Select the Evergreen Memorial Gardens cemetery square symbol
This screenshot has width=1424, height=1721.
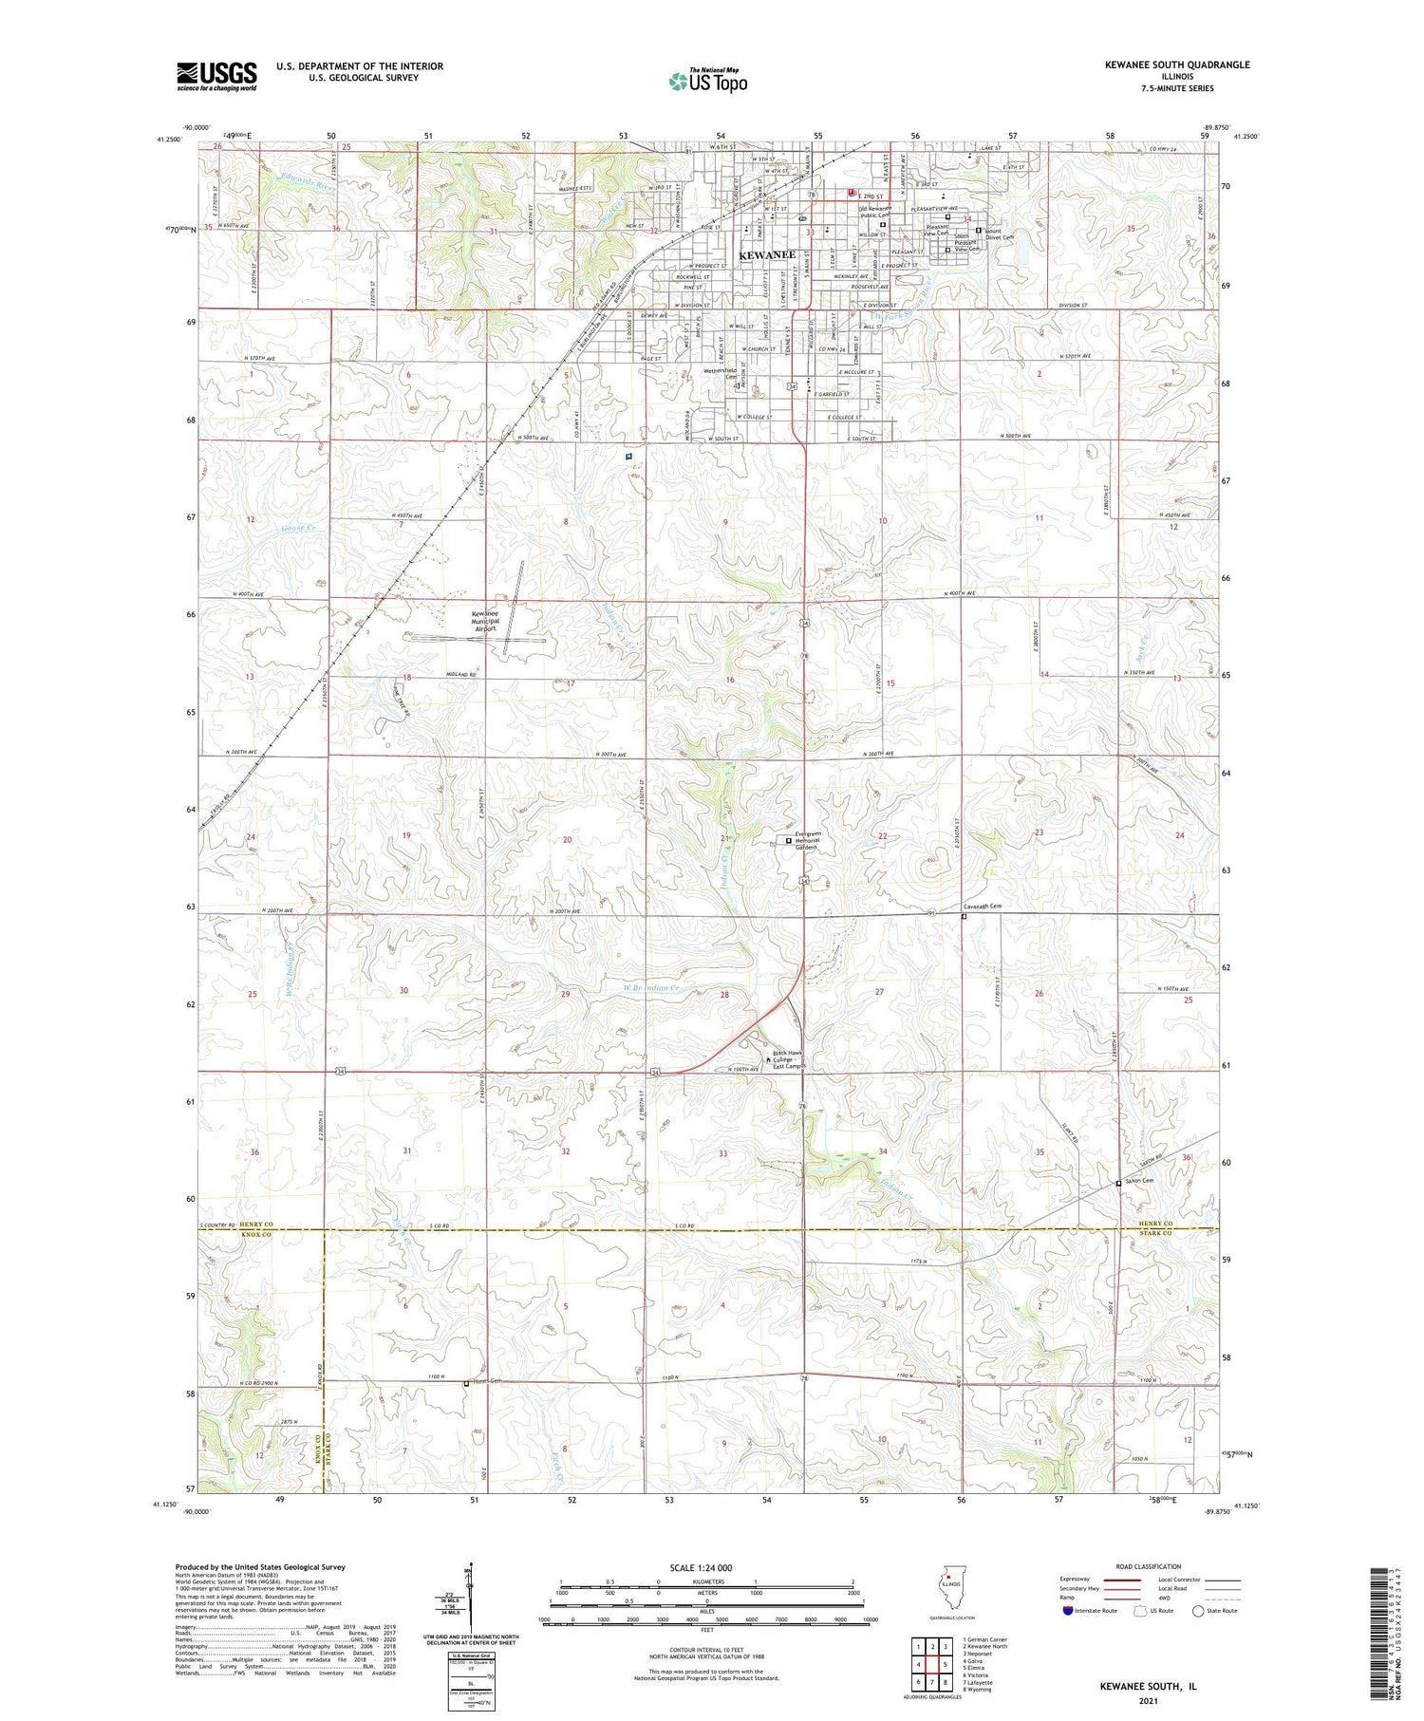tap(788, 840)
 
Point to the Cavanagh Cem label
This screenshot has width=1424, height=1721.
tap(983, 907)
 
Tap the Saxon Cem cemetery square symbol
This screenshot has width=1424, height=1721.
tap(1118, 1183)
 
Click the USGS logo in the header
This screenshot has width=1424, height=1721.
tap(216, 76)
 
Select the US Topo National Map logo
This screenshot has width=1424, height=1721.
tap(708, 81)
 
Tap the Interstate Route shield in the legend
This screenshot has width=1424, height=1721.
tap(1067, 1610)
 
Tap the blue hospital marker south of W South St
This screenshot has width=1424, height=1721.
tap(628, 456)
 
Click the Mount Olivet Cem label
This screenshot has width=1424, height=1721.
tap(999, 234)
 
